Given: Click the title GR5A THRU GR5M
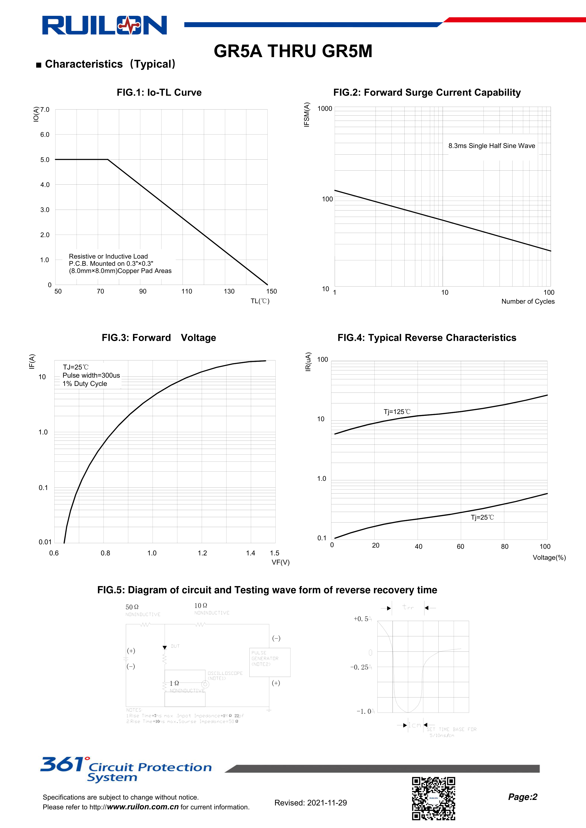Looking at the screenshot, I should [293, 51].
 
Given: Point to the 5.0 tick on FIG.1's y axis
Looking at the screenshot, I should [45, 160].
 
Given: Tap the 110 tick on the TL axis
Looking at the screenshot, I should [187, 291].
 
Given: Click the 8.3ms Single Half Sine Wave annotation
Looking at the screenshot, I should [492, 146].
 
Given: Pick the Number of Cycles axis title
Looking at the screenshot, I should [528, 301].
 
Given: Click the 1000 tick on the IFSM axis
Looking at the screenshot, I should [324, 109].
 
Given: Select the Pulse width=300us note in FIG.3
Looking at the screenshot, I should [91, 376].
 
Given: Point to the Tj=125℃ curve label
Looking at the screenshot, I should [397, 411].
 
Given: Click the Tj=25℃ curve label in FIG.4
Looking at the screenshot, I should [482, 517].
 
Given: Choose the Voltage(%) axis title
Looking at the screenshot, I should [549, 558].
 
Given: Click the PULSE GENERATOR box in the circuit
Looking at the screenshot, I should [269, 662].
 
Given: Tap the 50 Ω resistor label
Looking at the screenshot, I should [132, 607].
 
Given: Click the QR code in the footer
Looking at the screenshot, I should [433, 798].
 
